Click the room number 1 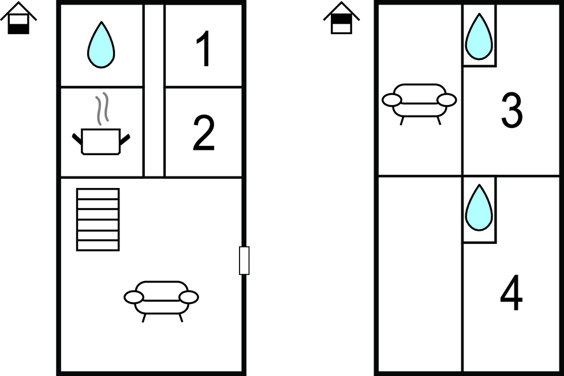204,48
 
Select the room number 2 204,133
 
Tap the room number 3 512,110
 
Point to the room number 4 511,292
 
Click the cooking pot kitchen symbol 101,141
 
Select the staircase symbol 98,219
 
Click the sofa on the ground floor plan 161,301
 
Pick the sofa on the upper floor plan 419,104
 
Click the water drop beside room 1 101,44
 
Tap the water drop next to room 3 479,36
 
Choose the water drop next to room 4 479,208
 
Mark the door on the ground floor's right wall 244,261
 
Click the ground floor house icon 18,18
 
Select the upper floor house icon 341,18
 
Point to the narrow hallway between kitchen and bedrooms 154,90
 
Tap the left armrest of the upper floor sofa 392,100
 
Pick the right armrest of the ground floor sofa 188,297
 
